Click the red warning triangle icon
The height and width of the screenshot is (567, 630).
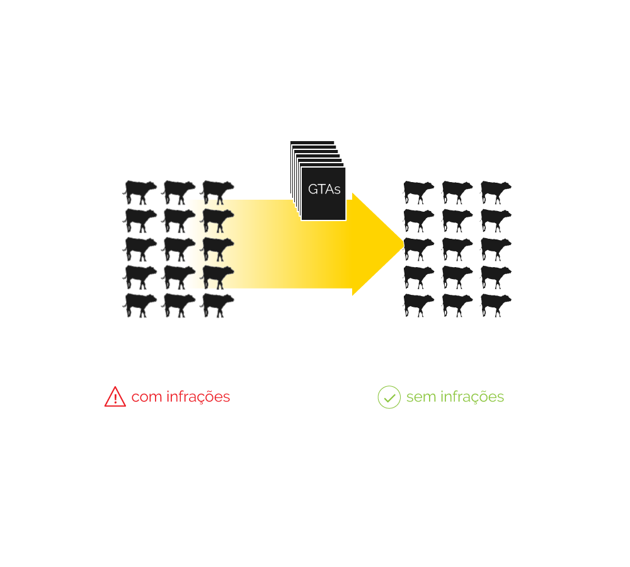115,397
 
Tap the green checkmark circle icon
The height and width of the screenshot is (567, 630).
389,397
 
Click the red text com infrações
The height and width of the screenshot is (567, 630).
181,397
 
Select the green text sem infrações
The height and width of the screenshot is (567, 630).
455,397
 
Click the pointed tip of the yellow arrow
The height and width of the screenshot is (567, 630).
401,245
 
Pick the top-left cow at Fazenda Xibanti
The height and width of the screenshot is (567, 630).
140,191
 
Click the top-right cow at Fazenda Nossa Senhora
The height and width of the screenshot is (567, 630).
496,191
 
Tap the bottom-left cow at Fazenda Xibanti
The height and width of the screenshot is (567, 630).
140,304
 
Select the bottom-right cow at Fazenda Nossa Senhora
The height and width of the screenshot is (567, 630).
496,304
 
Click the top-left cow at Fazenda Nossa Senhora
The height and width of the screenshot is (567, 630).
418,191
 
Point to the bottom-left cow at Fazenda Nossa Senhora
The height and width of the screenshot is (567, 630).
418,304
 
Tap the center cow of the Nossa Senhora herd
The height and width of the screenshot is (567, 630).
457,248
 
